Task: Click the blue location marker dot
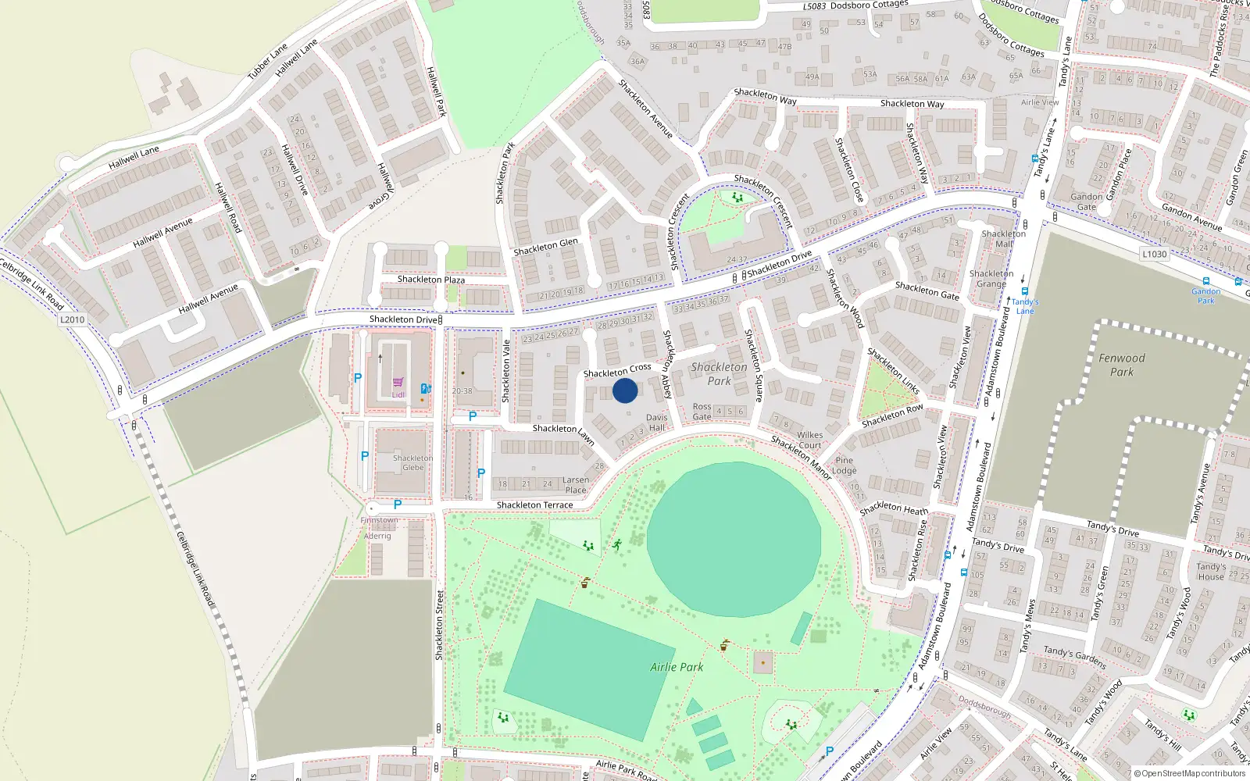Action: coord(625,390)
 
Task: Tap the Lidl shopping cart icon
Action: coord(398,382)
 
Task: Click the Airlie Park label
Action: coord(677,667)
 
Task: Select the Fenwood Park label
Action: coord(1122,365)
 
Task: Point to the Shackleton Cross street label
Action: coord(617,369)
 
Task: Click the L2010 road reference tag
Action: coord(72,319)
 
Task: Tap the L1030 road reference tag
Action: coord(1154,254)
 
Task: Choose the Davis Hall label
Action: coord(657,423)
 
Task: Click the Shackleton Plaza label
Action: coord(430,280)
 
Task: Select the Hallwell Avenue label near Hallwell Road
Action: coord(162,233)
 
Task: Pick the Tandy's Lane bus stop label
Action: coord(1025,306)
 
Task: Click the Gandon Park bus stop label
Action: coord(1206,296)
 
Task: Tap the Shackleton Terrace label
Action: coord(534,505)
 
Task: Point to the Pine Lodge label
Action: coord(845,465)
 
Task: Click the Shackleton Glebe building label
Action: coord(412,463)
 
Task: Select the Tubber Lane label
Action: coord(268,62)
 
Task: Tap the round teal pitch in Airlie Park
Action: coord(734,539)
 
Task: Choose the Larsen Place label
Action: coord(576,485)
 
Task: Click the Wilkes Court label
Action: coord(809,440)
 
